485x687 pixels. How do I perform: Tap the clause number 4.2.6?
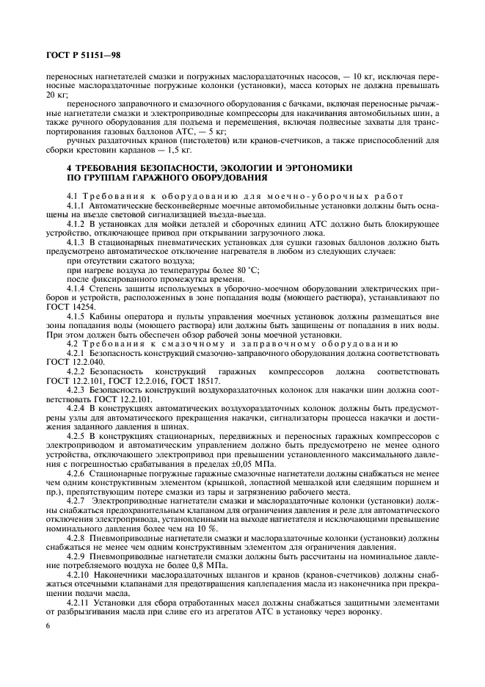pos(78,474)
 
